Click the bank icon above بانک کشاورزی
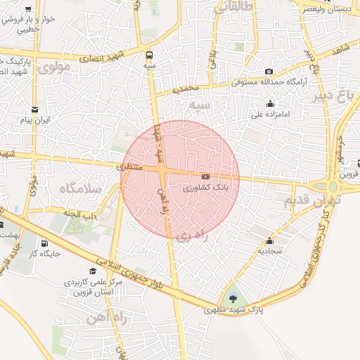click(205, 176)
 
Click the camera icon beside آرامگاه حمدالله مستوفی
click(269, 72)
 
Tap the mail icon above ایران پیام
click(35, 109)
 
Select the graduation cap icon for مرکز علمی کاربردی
click(93, 271)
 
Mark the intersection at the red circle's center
click(163, 172)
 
